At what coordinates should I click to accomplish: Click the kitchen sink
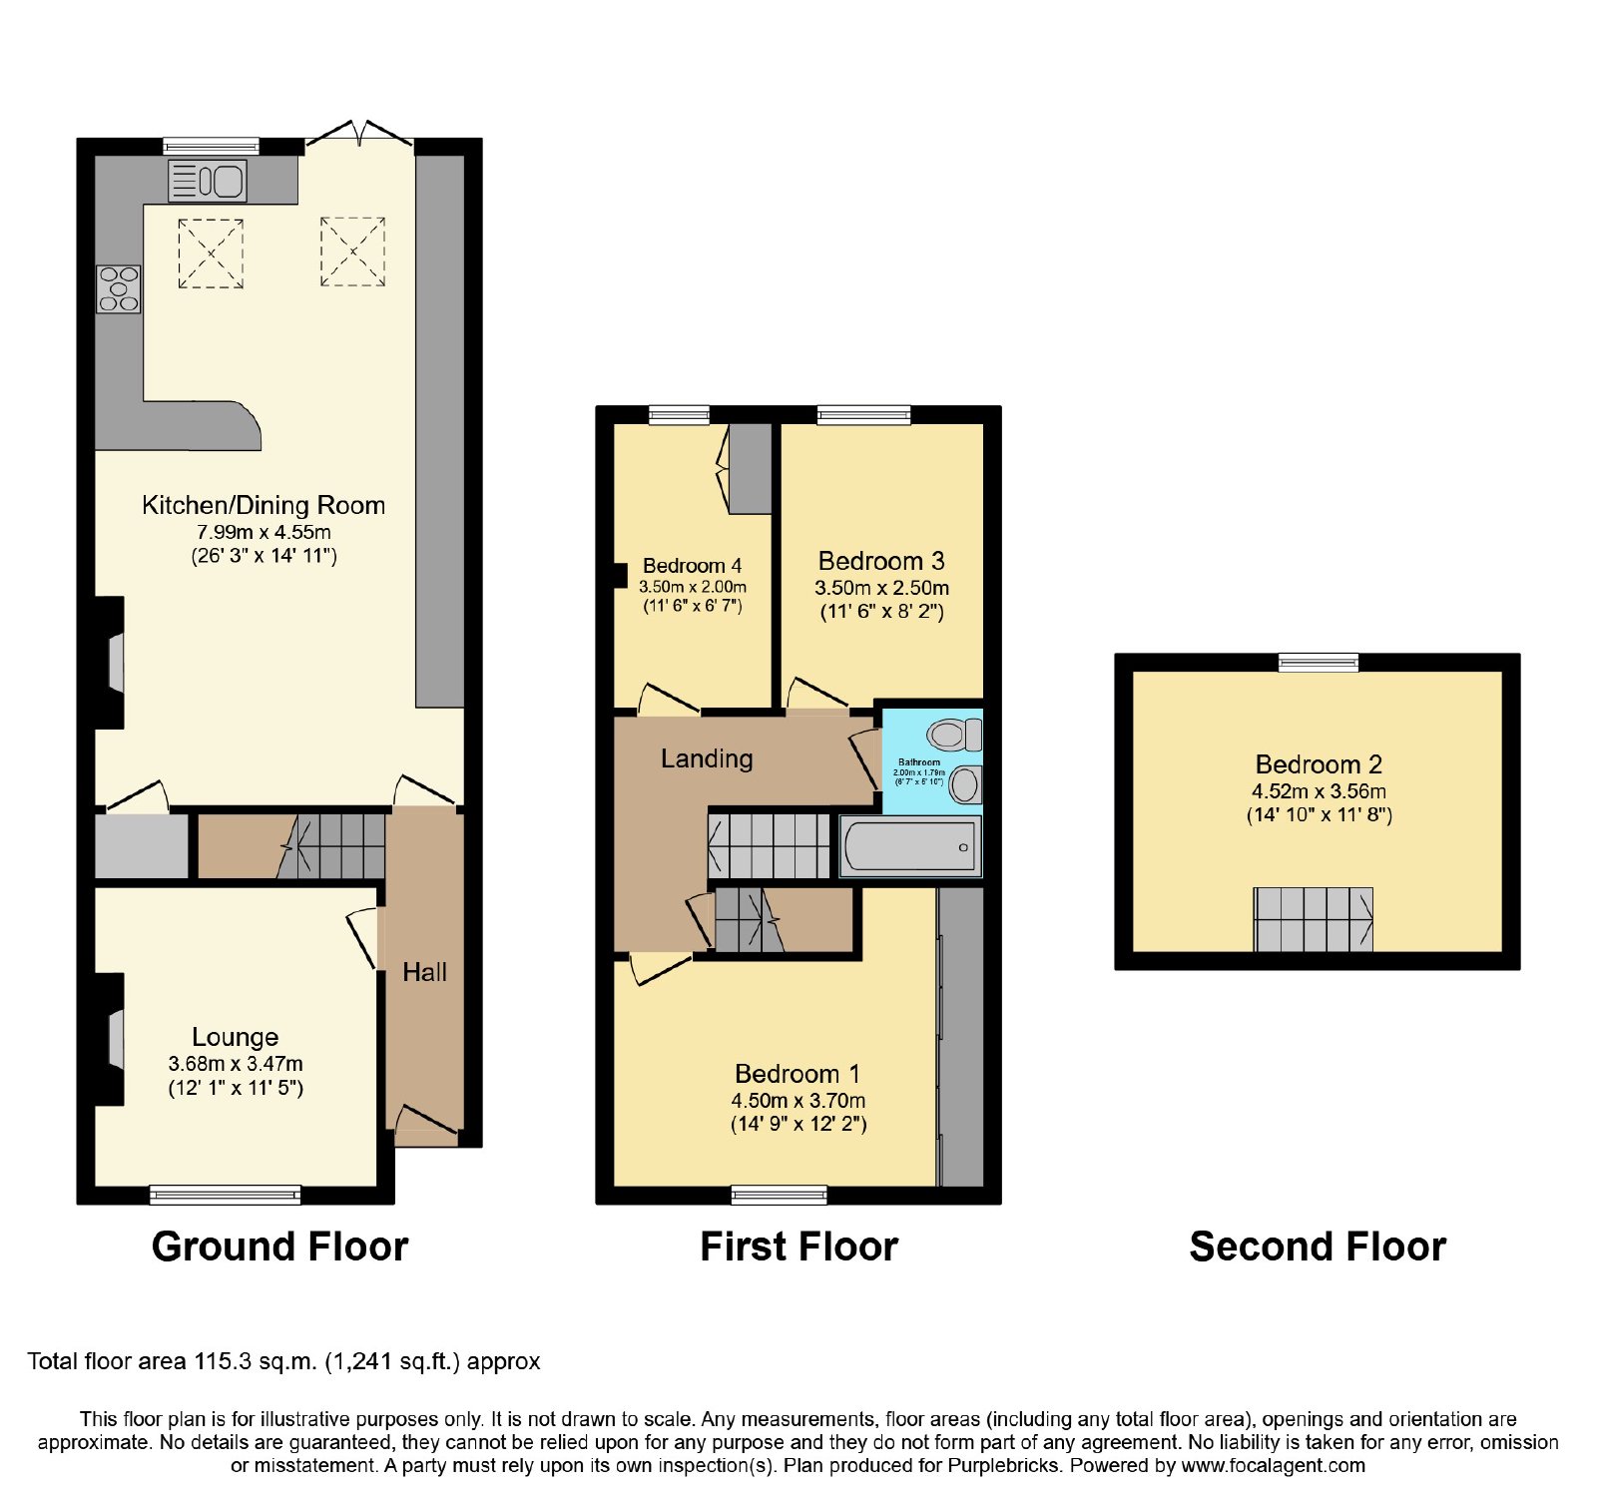click(x=208, y=181)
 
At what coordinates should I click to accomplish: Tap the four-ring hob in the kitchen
click(x=118, y=288)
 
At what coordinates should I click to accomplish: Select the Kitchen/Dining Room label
click(x=264, y=505)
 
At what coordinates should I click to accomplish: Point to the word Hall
click(x=424, y=972)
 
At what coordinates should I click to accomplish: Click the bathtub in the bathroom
click(x=910, y=846)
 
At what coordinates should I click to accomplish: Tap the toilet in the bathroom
click(x=954, y=736)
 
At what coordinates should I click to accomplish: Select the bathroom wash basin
click(x=965, y=784)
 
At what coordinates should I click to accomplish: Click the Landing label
click(x=707, y=759)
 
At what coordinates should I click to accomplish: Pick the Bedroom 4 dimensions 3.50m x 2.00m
click(x=693, y=587)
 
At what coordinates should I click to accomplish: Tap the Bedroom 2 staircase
click(x=1314, y=919)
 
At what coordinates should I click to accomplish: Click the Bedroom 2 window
click(x=1319, y=663)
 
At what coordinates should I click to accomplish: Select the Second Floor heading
click(x=1318, y=1247)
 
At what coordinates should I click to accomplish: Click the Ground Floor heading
click(x=279, y=1247)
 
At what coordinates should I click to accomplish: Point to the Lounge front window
click(x=225, y=1195)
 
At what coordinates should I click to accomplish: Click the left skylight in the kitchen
click(x=211, y=253)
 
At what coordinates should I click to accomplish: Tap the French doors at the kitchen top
click(x=358, y=136)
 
